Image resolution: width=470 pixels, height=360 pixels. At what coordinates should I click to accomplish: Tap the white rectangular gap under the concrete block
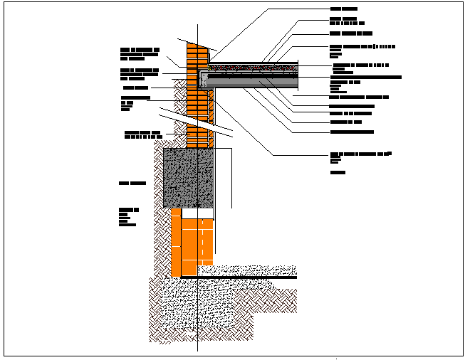[x=198, y=213]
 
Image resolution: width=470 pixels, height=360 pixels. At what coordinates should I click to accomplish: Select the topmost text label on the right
[x=344, y=9]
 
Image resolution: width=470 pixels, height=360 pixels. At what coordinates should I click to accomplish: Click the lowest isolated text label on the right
[x=338, y=173]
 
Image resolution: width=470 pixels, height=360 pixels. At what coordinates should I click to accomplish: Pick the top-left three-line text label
[x=139, y=54]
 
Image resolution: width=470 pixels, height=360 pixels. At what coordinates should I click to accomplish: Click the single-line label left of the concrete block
[x=132, y=184]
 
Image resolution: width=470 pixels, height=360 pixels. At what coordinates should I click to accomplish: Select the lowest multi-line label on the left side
[x=129, y=217]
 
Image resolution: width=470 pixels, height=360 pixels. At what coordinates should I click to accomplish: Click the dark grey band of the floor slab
[x=256, y=83]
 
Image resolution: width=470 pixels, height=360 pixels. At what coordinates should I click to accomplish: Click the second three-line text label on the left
[x=139, y=73]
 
